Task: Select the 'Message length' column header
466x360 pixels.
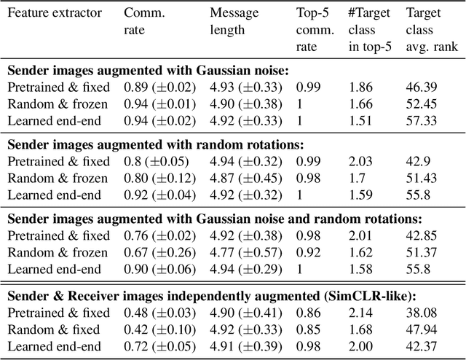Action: point(236,22)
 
